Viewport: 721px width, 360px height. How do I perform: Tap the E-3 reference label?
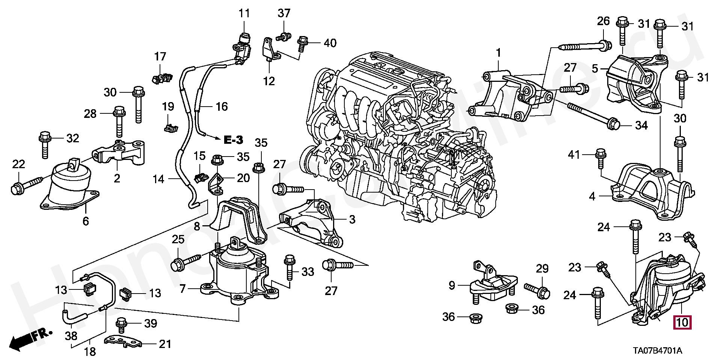[x=233, y=140]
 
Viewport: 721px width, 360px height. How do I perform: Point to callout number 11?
[x=244, y=14]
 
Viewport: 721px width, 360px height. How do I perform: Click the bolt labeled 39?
[x=121, y=325]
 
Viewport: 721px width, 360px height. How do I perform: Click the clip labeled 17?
[x=161, y=78]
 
